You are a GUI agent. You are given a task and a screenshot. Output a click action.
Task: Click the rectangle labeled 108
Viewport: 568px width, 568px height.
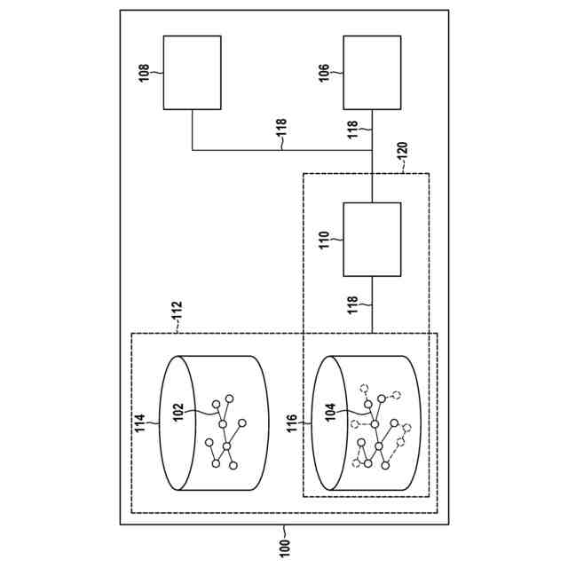[x=192, y=73]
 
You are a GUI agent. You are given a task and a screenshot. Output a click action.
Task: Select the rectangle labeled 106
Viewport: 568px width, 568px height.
[x=372, y=73]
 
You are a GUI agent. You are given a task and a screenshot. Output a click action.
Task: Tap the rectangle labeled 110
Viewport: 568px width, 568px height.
[x=372, y=239]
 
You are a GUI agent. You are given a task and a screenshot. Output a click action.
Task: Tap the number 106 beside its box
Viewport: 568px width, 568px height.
[x=325, y=73]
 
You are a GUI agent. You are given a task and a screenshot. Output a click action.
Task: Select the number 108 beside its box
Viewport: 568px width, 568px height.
[x=145, y=73]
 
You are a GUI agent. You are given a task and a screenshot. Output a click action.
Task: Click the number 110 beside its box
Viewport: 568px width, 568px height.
[x=325, y=239]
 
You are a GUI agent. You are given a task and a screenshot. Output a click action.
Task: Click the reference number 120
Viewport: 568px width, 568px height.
[x=401, y=150]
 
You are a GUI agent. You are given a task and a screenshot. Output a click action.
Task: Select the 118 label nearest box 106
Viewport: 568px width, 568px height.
[x=352, y=130]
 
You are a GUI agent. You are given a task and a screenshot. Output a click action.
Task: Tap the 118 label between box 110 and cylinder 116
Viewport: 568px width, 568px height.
[x=352, y=304]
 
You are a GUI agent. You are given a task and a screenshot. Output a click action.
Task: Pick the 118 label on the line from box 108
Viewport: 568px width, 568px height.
[x=281, y=132]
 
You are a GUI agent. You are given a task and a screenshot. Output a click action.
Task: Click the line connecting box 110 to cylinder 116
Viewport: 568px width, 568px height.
[x=372, y=304]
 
